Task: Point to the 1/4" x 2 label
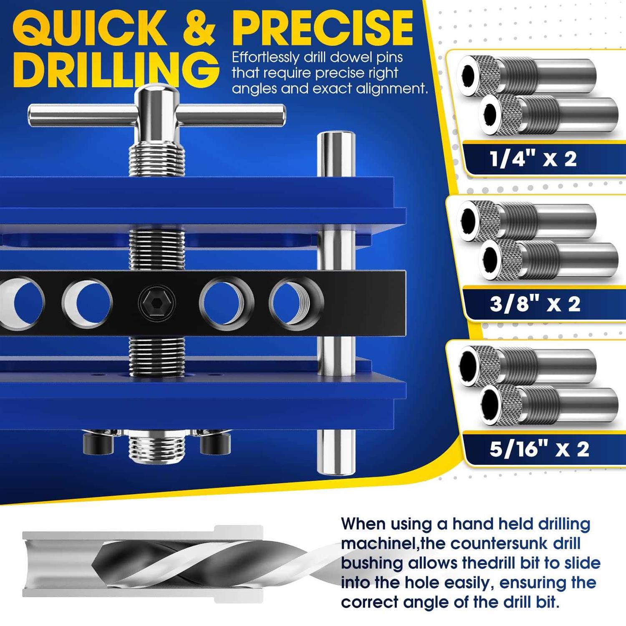533,159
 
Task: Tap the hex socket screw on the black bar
156,302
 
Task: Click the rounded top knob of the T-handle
156,92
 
